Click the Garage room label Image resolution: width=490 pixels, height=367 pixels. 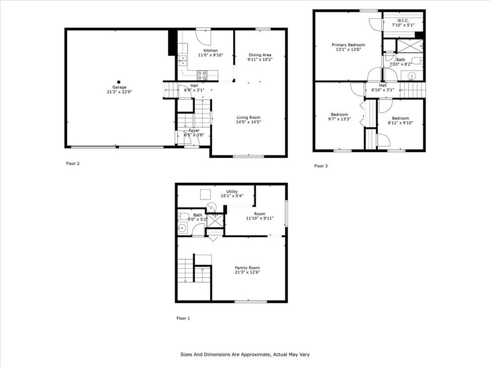[119, 87]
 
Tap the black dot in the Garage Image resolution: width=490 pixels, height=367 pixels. [119, 82]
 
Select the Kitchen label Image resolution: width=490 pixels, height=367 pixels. [211, 51]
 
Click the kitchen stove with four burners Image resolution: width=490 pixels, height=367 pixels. [202, 75]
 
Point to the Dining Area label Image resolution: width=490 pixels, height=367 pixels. [260, 55]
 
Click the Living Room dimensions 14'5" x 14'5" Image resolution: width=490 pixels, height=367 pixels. [248, 122]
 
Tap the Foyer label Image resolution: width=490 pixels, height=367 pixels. [194, 130]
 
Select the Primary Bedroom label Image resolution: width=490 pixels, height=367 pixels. [348, 45]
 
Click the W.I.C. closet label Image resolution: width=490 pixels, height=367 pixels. [403, 21]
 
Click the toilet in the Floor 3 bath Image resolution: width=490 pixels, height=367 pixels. [417, 60]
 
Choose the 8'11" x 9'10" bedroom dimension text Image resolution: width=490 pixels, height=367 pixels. [401, 123]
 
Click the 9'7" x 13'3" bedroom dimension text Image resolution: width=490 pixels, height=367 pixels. [339, 119]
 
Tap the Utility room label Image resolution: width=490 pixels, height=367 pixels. [232, 192]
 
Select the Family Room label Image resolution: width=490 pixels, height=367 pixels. [247, 268]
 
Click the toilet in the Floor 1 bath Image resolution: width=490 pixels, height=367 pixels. [184, 216]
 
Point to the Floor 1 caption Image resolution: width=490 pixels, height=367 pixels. [183, 318]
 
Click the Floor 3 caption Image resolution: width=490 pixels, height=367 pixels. [321, 166]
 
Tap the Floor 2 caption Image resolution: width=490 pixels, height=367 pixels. [73, 163]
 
